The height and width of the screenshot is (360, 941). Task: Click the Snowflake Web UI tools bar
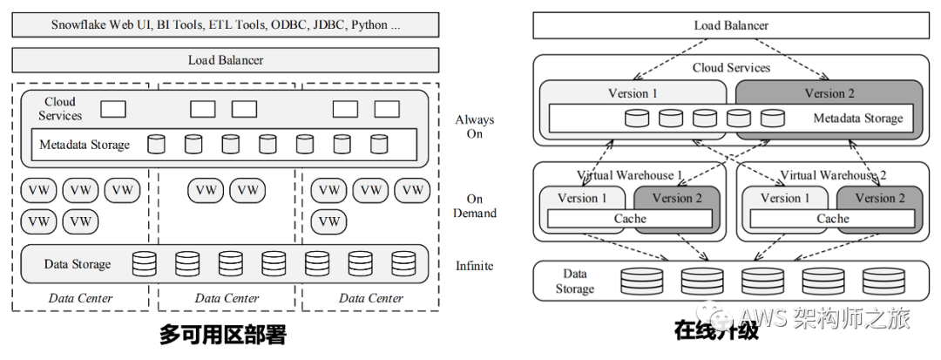pyautogui.click(x=226, y=25)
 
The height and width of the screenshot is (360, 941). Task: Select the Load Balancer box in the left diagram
pyautogui.click(x=226, y=60)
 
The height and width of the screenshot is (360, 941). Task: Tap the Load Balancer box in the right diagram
pyautogui.click(x=731, y=25)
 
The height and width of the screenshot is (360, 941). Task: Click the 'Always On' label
pyautogui.click(x=475, y=126)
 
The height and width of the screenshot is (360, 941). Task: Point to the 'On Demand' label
pyautogui.click(x=475, y=206)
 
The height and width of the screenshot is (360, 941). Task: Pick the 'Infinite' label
pyautogui.click(x=474, y=265)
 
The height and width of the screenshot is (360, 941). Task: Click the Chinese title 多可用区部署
pyautogui.click(x=223, y=334)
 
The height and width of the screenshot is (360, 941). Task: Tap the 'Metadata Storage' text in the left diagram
pyautogui.click(x=85, y=145)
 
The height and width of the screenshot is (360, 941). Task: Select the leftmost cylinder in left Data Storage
pyautogui.click(x=144, y=264)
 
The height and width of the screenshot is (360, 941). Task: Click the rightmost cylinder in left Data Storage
pyautogui.click(x=403, y=264)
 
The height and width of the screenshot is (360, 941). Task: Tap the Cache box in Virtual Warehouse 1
pyautogui.click(x=630, y=219)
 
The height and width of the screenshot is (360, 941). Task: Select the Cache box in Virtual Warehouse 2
pyautogui.click(x=833, y=219)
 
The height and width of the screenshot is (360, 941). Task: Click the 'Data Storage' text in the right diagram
pyautogui.click(x=574, y=281)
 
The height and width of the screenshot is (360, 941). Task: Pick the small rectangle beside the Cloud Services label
pyautogui.click(x=112, y=109)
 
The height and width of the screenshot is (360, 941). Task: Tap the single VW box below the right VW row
pyautogui.click(x=328, y=221)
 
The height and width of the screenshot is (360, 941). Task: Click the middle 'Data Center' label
pyautogui.click(x=227, y=298)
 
